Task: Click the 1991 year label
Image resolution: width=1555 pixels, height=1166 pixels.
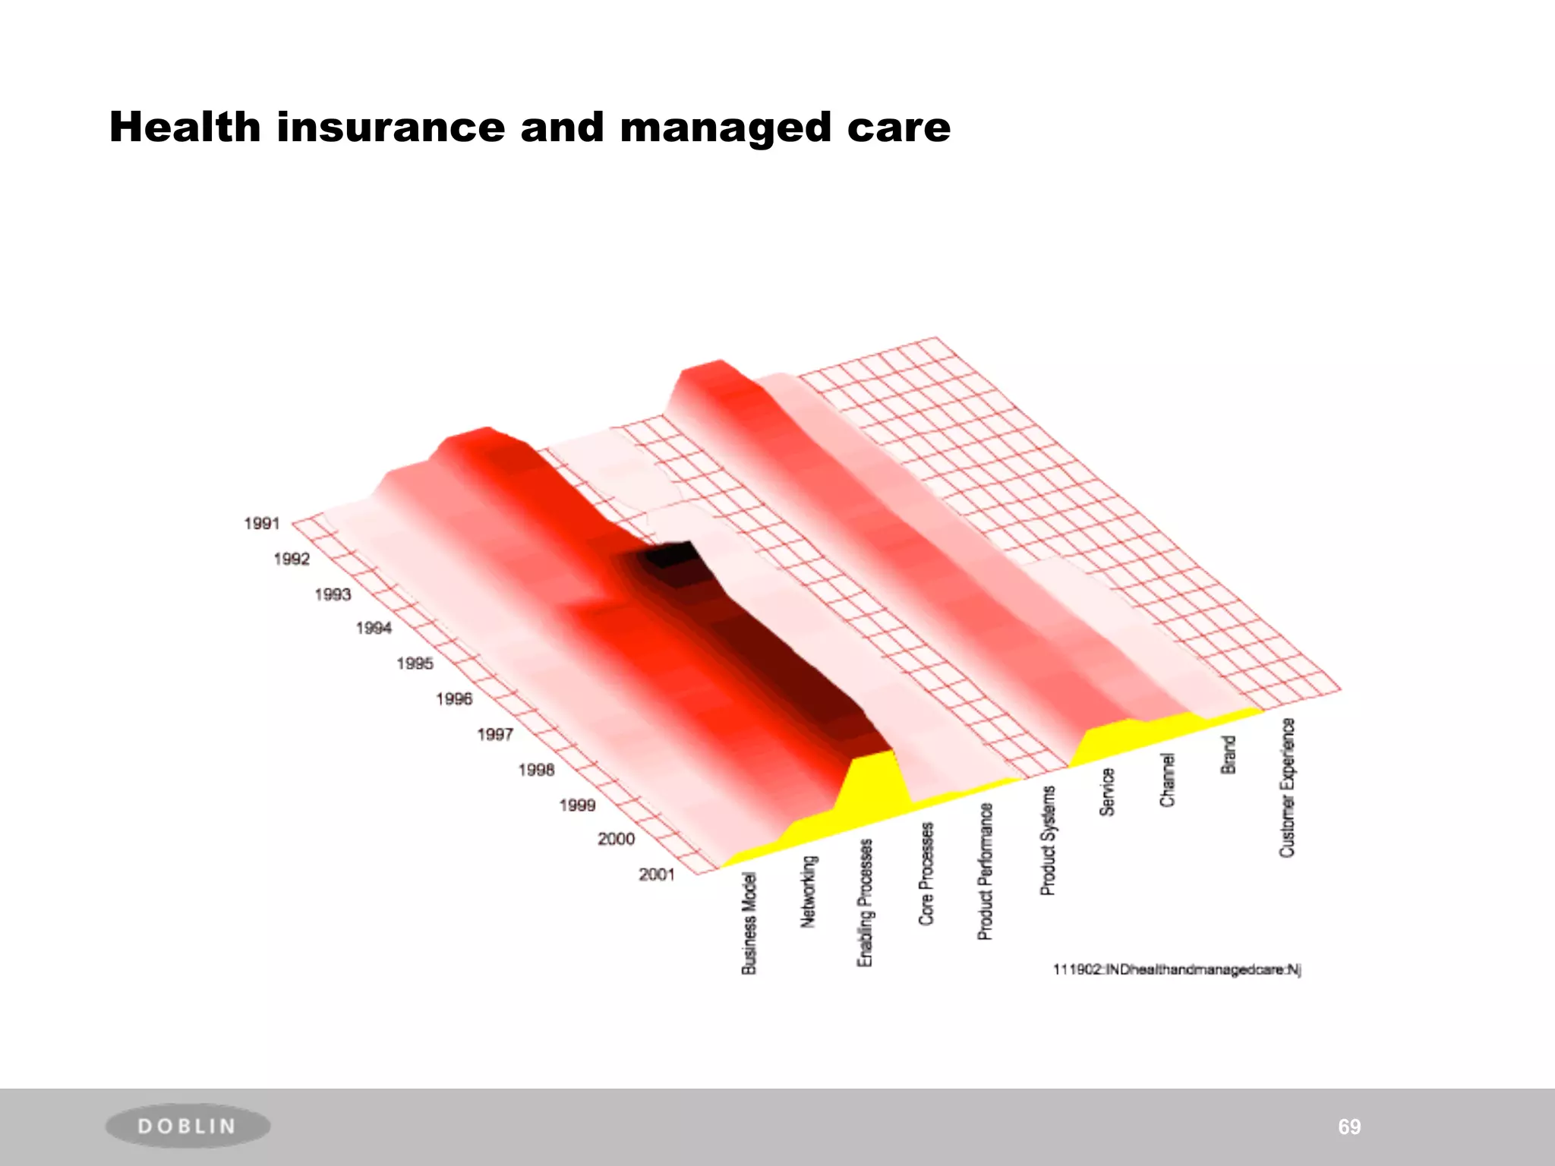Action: tap(262, 523)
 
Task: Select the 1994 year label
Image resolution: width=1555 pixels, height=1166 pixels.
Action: tap(374, 628)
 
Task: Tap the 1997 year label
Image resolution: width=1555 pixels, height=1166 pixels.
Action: tap(495, 734)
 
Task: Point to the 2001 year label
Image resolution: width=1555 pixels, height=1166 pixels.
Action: tap(657, 874)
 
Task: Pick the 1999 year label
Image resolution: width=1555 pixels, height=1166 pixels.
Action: tap(577, 805)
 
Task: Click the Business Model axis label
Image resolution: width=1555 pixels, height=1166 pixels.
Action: tap(749, 924)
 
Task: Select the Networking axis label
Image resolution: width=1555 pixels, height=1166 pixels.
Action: tap(809, 891)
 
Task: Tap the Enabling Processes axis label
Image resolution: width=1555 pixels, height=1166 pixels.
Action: tap(865, 903)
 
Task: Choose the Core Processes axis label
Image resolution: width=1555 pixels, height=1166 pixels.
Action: tap(926, 874)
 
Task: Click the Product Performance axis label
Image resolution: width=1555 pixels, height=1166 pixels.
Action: tap(985, 871)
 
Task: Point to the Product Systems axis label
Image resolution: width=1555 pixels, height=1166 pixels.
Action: tap(1048, 840)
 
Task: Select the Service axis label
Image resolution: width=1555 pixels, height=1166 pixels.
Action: tap(1107, 792)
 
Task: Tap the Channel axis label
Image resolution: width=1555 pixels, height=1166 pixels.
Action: tap(1167, 780)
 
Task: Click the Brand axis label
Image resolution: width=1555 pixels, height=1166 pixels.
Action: tap(1228, 755)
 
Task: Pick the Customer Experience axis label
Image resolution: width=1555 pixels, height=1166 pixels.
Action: tap(1287, 787)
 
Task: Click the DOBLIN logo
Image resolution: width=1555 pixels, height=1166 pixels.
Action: tap(188, 1126)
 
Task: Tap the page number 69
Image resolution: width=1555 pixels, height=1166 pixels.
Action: tap(1349, 1127)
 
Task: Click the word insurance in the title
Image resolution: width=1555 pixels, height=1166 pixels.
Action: tap(390, 127)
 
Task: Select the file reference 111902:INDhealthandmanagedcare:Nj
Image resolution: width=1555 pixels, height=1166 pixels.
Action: tap(1177, 969)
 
